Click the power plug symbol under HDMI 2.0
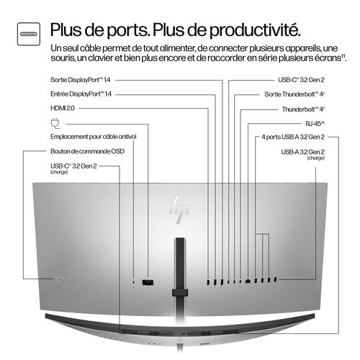(x=55, y=122)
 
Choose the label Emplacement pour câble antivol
(x=93, y=136)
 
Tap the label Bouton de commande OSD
(x=84, y=151)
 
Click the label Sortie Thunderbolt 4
(x=294, y=94)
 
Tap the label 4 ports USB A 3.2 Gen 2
(x=293, y=136)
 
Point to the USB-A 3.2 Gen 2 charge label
(x=302, y=151)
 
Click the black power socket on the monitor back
(x=148, y=282)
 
